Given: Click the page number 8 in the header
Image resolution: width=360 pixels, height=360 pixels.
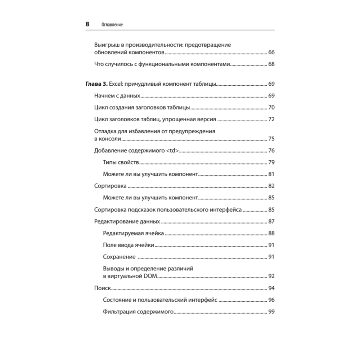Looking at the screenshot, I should [x=87, y=24].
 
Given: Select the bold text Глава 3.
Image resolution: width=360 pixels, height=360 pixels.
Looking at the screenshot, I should [x=95, y=84].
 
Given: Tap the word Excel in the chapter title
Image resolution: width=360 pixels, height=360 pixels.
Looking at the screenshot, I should [x=116, y=84].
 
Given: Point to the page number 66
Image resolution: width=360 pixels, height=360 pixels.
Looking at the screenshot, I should [x=271, y=53].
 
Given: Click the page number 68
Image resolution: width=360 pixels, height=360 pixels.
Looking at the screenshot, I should [x=271, y=64].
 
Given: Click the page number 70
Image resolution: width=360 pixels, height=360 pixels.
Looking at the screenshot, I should [x=271, y=108].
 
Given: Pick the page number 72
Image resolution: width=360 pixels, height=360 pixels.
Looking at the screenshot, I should [x=271, y=119].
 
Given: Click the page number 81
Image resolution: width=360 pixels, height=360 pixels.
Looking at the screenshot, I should [x=271, y=174].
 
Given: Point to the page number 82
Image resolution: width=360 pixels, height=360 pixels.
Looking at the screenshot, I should [x=271, y=186].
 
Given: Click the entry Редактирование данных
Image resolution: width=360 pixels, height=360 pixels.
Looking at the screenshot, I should [x=127, y=221].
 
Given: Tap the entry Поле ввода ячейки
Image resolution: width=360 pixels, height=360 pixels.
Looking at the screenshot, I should [x=129, y=245].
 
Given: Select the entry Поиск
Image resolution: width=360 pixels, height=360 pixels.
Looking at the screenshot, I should [x=102, y=288].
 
